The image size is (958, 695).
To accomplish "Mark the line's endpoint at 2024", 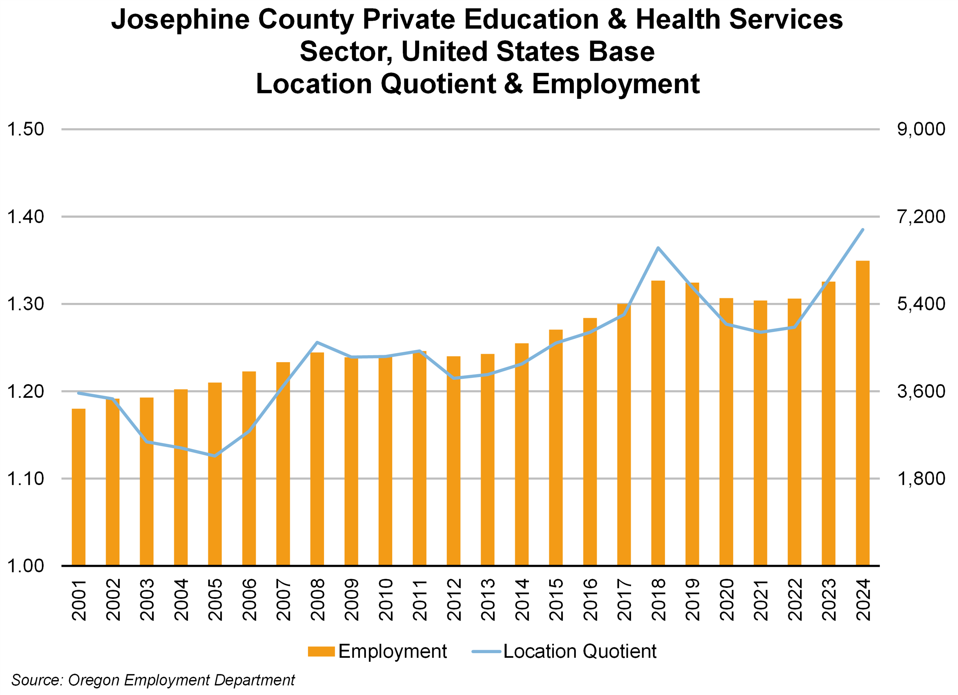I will coord(862,229).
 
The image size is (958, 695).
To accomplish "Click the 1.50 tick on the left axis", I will coord(25,129).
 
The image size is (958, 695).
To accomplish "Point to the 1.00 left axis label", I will coord(25,566).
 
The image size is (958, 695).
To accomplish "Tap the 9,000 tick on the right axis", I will coord(921,129).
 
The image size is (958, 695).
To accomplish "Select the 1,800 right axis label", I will coord(921,479).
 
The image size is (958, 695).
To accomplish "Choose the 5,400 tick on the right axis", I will coord(921,304).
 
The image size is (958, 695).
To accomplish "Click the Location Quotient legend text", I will coord(580,651).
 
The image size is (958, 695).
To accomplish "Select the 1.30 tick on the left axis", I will coord(25,304).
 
